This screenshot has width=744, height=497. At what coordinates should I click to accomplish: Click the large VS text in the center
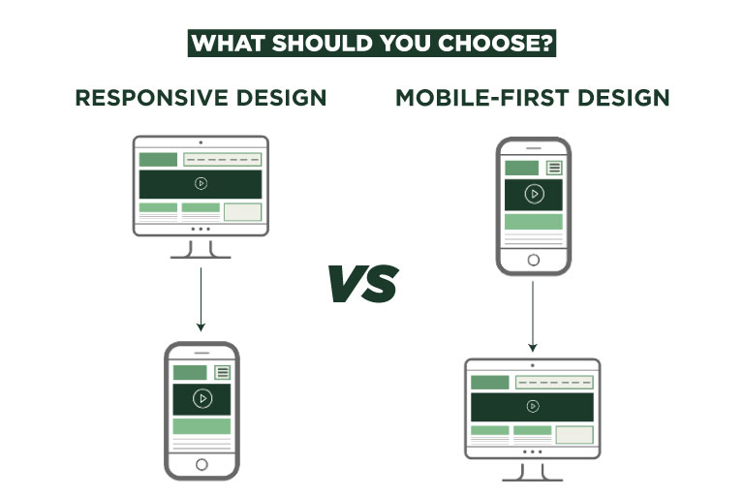362,283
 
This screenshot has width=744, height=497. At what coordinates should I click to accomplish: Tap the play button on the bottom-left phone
201,398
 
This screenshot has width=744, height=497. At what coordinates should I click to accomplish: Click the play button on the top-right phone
533,194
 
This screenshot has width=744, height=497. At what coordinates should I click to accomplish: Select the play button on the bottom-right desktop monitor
532,407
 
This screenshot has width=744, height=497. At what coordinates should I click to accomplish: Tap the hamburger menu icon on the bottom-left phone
222,372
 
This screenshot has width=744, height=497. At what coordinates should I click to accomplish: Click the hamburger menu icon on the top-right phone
554,168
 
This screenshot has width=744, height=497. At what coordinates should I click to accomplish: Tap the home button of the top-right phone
533,260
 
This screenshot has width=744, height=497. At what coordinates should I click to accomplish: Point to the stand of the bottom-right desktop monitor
532,471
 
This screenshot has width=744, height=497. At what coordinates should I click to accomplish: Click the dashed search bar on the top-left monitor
222,159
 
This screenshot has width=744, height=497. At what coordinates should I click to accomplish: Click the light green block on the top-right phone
533,222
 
